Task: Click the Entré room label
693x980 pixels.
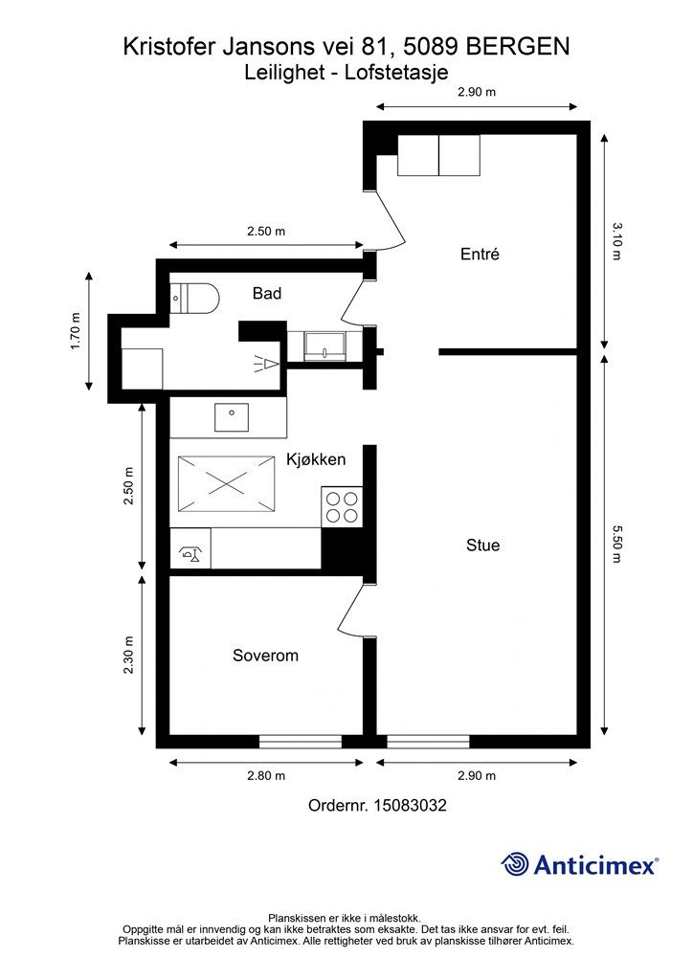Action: click(x=480, y=255)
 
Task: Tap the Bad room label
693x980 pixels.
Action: click(x=267, y=293)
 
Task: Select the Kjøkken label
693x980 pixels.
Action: click(x=316, y=459)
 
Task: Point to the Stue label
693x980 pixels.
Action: click(x=483, y=545)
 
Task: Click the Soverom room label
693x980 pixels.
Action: click(x=265, y=656)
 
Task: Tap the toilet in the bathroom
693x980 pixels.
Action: click(x=194, y=299)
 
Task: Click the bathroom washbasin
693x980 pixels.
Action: click(x=324, y=346)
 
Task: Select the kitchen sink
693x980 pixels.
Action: click(x=232, y=417)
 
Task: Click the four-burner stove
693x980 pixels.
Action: click(x=342, y=506)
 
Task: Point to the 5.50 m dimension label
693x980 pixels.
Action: click(x=616, y=545)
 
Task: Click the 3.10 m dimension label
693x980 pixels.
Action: click(x=616, y=241)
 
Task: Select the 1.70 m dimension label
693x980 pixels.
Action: click(x=76, y=330)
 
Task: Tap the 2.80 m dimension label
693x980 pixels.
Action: click(x=266, y=776)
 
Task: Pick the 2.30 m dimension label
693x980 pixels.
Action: click(x=128, y=655)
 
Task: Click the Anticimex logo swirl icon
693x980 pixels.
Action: click(x=515, y=864)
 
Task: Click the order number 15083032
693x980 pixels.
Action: click(x=410, y=805)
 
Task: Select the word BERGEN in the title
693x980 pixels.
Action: click(x=518, y=47)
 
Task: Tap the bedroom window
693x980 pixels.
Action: click(x=301, y=742)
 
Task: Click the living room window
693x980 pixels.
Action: click(x=428, y=742)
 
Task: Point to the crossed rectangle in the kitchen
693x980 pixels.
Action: click(x=226, y=483)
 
